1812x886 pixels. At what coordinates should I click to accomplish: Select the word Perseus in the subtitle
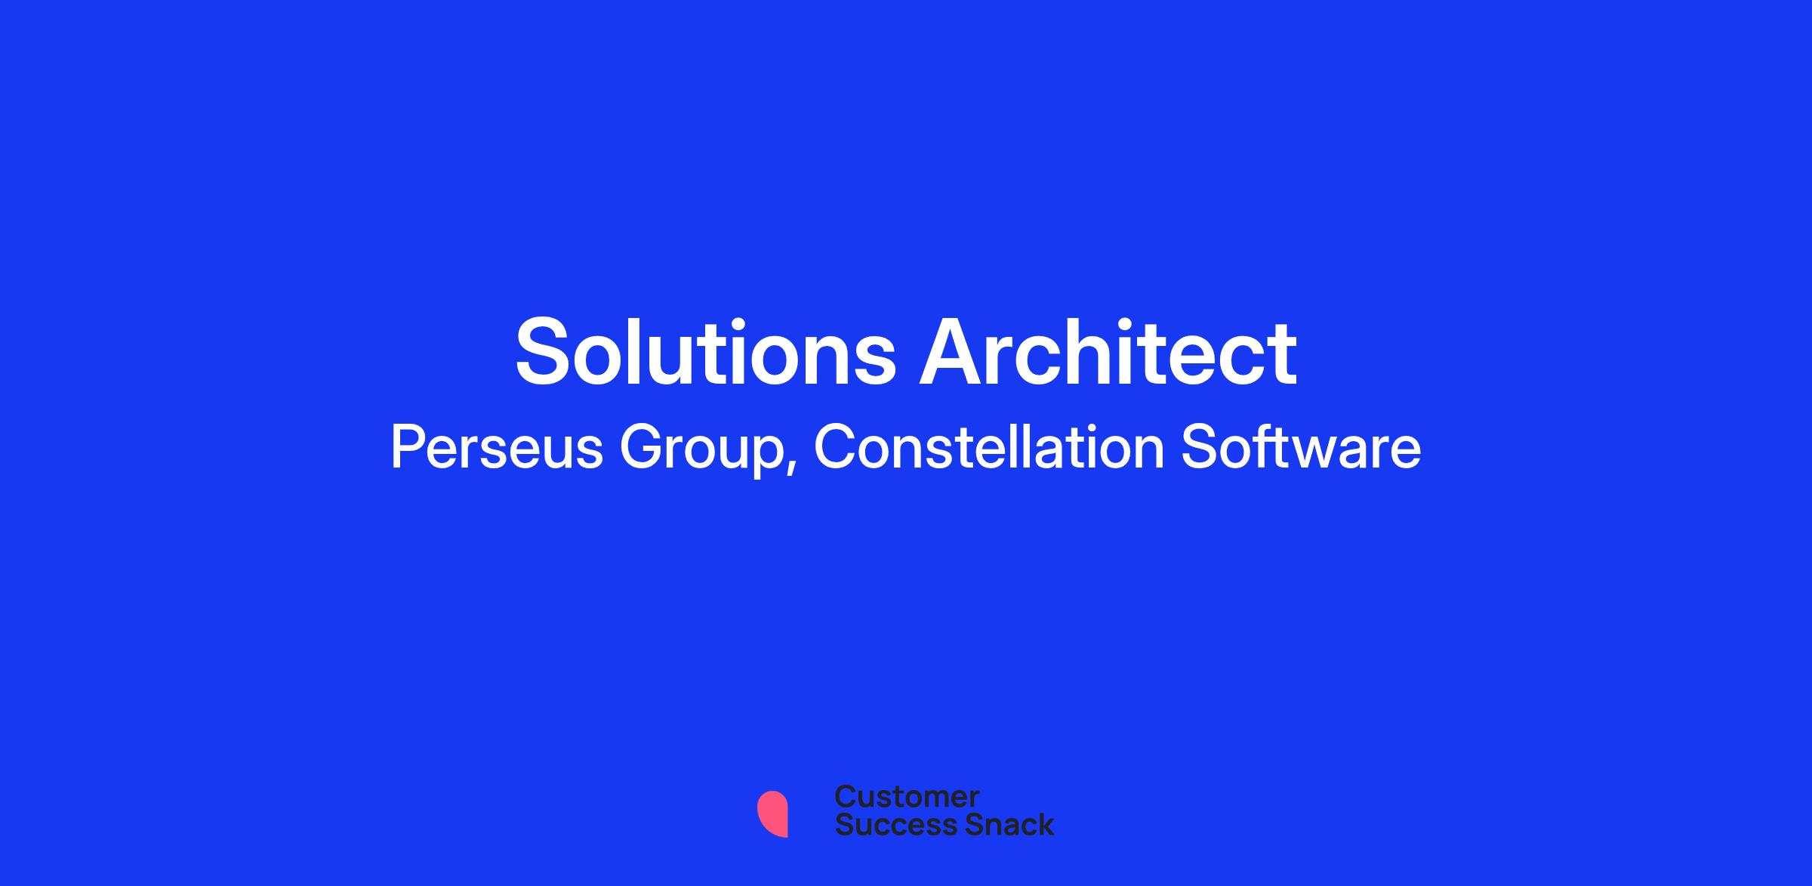point(497,447)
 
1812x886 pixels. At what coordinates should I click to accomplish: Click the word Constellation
point(989,447)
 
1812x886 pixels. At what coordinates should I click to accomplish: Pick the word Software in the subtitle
point(1301,447)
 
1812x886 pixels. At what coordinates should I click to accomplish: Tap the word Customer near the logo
point(907,796)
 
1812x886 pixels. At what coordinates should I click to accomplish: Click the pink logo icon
point(773,814)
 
